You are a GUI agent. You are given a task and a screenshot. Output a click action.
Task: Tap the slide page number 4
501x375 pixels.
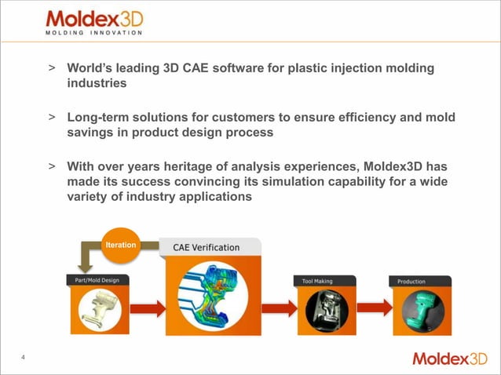(x=24, y=359)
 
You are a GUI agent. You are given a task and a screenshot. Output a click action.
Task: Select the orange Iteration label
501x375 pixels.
(x=121, y=246)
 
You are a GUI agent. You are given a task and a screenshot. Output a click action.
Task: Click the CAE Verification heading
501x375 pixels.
(x=207, y=247)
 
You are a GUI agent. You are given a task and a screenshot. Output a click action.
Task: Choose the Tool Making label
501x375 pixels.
(x=318, y=280)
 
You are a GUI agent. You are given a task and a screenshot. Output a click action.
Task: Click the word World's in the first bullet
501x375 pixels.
(x=89, y=68)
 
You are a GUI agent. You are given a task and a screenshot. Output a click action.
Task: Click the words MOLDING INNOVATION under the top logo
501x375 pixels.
(x=93, y=33)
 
